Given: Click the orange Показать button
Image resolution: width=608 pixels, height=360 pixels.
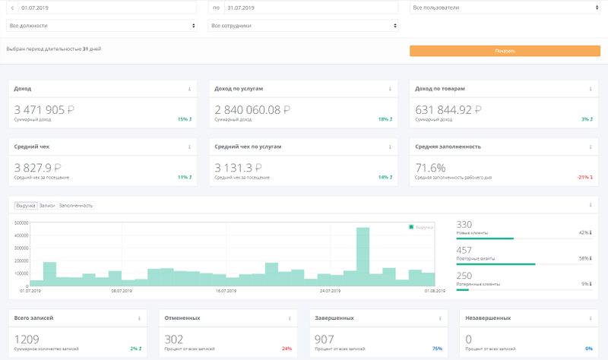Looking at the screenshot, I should click(505, 51).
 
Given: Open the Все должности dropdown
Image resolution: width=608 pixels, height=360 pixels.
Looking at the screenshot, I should click(103, 26).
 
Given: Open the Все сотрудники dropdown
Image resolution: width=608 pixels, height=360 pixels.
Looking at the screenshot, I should click(303, 26).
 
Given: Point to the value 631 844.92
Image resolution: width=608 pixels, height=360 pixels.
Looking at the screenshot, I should click(449, 109).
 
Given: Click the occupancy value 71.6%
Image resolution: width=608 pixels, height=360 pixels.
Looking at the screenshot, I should click(430, 167).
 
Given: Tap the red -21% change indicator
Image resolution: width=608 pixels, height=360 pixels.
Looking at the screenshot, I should click(584, 177).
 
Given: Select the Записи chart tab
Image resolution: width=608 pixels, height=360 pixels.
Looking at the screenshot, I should click(47, 205).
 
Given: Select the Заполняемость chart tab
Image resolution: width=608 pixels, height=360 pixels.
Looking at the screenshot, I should click(76, 205).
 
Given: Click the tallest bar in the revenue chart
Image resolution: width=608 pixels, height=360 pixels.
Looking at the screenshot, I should click(363, 257).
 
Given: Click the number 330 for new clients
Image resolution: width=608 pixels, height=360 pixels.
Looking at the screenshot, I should click(464, 225).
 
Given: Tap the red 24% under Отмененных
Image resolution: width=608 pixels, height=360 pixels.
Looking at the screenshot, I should click(287, 349).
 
